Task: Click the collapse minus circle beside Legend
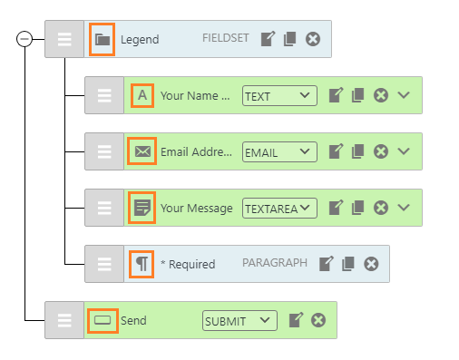pyautogui.click(x=24, y=39)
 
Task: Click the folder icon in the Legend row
pyautogui.click(x=103, y=39)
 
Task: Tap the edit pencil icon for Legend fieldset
pyautogui.click(x=268, y=39)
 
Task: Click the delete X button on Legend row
pyautogui.click(x=313, y=39)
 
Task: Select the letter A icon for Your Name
pyautogui.click(x=142, y=95)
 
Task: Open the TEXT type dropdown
pyautogui.click(x=279, y=96)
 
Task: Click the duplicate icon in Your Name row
pyautogui.click(x=357, y=95)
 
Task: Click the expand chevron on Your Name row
pyautogui.click(x=404, y=95)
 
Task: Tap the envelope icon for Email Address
pyautogui.click(x=142, y=151)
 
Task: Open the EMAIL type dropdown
pyautogui.click(x=279, y=152)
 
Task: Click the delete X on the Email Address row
pyautogui.click(x=381, y=151)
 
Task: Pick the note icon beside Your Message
pyautogui.click(x=142, y=208)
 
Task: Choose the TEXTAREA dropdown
pyautogui.click(x=279, y=208)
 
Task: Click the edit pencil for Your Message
pyautogui.click(x=336, y=208)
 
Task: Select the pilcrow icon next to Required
pyautogui.click(x=142, y=264)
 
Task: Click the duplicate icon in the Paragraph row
pyautogui.click(x=348, y=264)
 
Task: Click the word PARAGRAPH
pyautogui.click(x=275, y=263)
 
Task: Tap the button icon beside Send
pyautogui.click(x=103, y=320)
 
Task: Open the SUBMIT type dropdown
pyautogui.click(x=239, y=320)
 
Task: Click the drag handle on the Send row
pyautogui.click(x=64, y=320)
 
